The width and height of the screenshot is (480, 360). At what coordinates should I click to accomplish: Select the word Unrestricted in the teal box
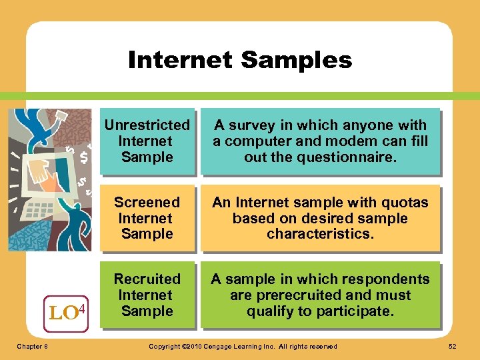coord(147,125)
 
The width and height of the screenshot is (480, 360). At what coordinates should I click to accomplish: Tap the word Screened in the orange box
coord(147,203)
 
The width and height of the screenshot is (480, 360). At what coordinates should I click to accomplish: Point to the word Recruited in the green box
coord(147,279)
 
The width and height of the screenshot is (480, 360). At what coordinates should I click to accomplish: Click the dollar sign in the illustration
coord(84,158)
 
